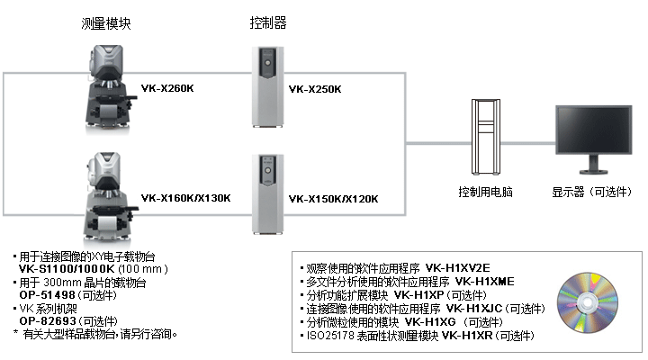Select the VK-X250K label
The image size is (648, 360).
pyautogui.click(x=315, y=89)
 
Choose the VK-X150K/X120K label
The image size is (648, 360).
pyautogui.click(x=333, y=198)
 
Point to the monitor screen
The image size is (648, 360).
pyautogui.click(x=587, y=132)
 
